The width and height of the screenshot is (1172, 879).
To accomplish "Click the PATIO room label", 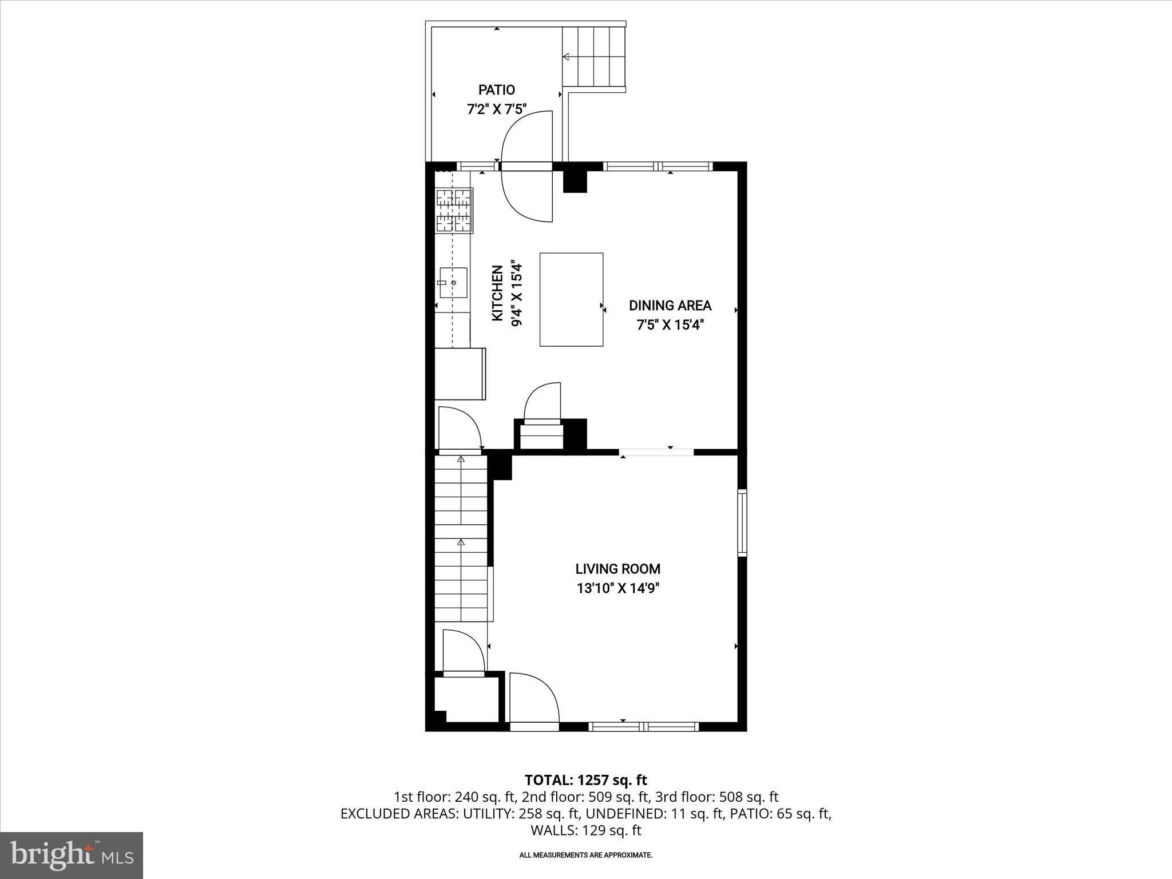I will click(496, 90).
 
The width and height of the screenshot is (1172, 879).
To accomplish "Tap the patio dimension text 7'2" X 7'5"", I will click(496, 109).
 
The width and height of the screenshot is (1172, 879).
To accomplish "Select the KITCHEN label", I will click(497, 293).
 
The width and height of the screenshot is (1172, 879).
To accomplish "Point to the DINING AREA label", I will click(670, 306).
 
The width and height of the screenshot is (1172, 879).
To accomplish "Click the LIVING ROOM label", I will click(617, 569).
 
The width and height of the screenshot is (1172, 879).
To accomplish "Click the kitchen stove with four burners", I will click(454, 211).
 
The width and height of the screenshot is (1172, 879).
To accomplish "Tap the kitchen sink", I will click(453, 283).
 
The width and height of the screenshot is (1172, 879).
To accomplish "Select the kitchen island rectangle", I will click(571, 299).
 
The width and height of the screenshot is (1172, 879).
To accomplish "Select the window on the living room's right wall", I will click(742, 522).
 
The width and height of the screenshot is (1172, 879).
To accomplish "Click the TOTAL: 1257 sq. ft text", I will click(585, 780).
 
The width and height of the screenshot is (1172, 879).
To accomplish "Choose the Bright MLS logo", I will click(72, 855).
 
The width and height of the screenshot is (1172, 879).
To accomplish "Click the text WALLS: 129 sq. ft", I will click(585, 830).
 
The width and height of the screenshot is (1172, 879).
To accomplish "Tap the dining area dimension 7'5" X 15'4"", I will click(670, 325).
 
